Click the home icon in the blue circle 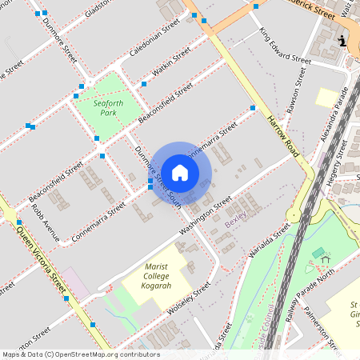[180, 172]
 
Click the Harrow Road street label [283, 135]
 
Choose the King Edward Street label [285, 47]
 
